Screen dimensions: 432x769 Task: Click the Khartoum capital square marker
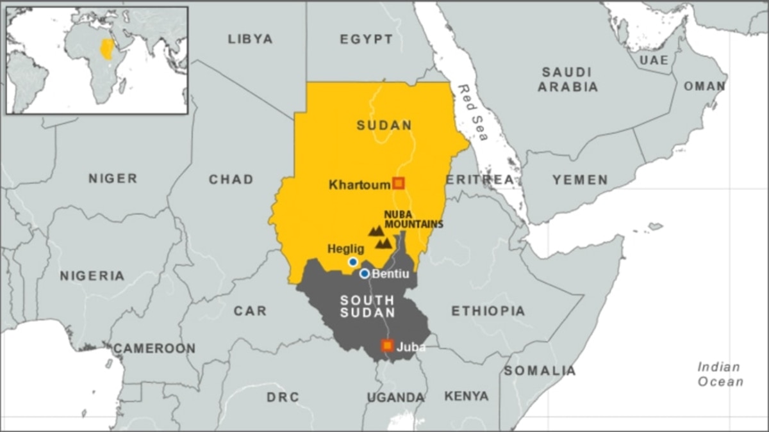pos(399,184)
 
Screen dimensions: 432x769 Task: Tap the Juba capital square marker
pos(387,346)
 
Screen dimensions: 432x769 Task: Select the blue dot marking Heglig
pos(352,262)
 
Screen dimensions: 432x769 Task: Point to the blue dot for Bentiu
pos(365,274)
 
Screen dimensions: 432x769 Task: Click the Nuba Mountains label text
pos(413,220)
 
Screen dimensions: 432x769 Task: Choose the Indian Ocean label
pos(720,374)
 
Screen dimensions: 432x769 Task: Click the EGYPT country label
pos(367,40)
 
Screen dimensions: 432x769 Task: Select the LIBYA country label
pos(250,39)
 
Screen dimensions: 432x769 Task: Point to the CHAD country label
pos(231,180)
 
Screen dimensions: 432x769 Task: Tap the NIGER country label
pos(113,179)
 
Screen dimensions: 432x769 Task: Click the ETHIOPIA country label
pos(488,312)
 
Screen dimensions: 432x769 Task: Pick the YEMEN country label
pos(580,180)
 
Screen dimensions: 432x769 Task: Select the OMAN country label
pos(704,86)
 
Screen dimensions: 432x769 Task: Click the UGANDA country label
pos(395,397)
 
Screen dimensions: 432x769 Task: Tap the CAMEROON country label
pos(154,349)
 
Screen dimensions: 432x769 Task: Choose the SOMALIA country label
pos(540,371)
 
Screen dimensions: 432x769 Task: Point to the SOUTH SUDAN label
pos(367,306)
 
